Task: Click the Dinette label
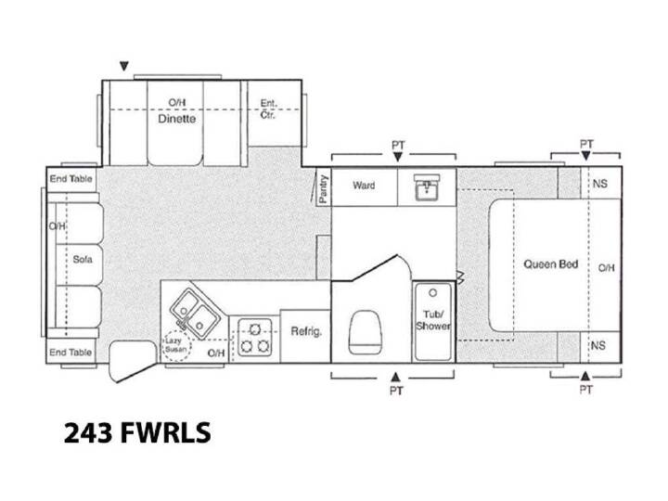tap(177, 119)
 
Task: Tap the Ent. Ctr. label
tap(268, 109)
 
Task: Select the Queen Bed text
tap(550, 264)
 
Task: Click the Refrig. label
tap(306, 331)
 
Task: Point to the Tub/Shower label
tap(433, 320)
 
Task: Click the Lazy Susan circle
tap(177, 345)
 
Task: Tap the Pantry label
tap(324, 188)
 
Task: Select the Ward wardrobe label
tap(364, 186)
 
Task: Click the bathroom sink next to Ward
tap(427, 186)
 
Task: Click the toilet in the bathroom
tap(365, 332)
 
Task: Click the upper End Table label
tap(71, 178)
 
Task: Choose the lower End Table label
tap(71, 353)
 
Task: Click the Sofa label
tap(83, 259)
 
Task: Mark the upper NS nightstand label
tap(600, 184)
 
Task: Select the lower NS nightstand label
tap(597, 345)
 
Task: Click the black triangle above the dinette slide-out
tap(124, 67)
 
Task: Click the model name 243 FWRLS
tap(137, 432)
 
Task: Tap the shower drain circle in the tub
tap(433, 293)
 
